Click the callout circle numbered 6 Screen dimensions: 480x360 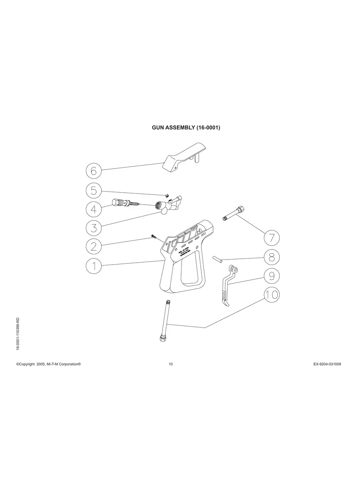[x=94, y=171]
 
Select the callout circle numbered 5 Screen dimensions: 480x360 [x=94, y=190]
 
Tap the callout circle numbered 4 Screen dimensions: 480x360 [x=94, y=209]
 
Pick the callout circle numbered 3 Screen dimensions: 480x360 [x=94, y=228]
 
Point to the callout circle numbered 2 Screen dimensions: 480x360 [x=94, y=246]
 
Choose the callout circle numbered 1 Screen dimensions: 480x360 [x=94, y=265]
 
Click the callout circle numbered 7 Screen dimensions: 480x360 [x=272, y=238]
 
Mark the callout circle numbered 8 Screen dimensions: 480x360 [x=272, y=257]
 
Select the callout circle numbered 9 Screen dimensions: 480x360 [x=272, y=275]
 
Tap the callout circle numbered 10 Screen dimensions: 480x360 [x=272, y=294]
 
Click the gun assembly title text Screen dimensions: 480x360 [x=186, y=128]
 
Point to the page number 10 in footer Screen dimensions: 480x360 [x=170, y=364]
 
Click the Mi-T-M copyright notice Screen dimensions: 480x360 [x=48, y=364]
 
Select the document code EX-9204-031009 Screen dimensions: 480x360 [x=324, y=364]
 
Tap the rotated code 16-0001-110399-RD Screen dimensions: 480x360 [x=17, y=334]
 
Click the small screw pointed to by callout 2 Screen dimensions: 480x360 [x=153, y=237]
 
